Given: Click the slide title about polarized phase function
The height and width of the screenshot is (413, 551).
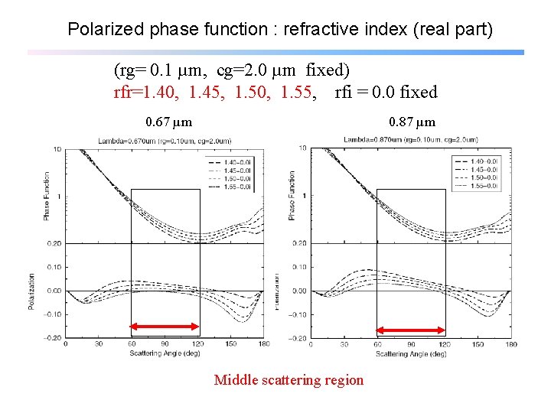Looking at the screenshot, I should pos(280,30).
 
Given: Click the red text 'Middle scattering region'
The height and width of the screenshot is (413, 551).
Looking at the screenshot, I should pos(289,380).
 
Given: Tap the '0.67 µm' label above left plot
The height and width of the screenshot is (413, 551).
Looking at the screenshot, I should pos(168,122).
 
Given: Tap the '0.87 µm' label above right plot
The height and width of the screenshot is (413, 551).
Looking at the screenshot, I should pos(412,122).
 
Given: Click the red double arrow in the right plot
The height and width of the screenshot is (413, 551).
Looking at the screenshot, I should pos(410,330).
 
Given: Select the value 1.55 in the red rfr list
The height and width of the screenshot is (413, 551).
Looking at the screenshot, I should pos(298,93).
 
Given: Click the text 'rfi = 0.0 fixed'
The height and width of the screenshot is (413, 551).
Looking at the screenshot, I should pos(386,93).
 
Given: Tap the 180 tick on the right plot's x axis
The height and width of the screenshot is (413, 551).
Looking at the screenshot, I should pos(510,344).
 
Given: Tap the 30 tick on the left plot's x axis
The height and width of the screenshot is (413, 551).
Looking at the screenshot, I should pos(99,344).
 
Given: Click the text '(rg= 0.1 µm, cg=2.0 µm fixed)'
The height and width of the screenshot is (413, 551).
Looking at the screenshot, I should pos(231,71).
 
